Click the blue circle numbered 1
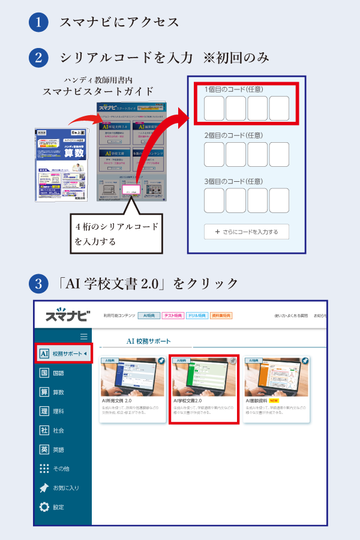point(38,23)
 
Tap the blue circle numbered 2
point(38,58)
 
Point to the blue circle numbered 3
point(38,283)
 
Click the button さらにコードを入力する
point(246,232)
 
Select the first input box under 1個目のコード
point(214,108)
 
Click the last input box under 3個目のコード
point(279,200)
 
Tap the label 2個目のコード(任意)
point(234,136)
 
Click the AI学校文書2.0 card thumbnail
point(204,378)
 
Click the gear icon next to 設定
point(44,507)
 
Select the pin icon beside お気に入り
point(44,488)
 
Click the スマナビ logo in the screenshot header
point(67,316)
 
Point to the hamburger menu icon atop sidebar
point(84,337)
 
